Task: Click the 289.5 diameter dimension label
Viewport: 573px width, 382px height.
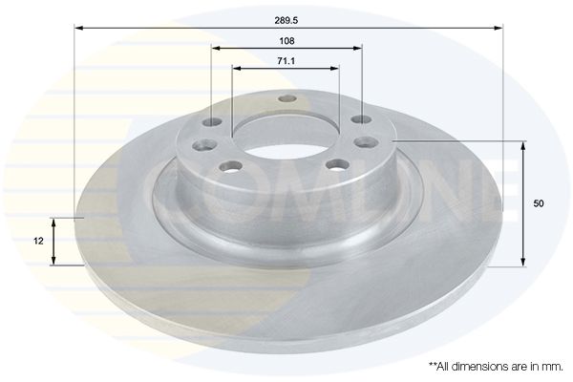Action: [286, 20]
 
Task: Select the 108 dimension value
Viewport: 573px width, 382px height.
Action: [286, 41]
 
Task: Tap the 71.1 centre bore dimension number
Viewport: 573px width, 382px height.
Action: [286, 61]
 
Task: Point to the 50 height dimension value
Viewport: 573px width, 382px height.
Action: [539, 203]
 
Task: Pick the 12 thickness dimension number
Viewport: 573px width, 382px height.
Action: [38, 242]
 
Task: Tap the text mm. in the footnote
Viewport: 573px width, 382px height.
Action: [554, 367]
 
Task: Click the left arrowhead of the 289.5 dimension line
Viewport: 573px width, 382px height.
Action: [79, 28]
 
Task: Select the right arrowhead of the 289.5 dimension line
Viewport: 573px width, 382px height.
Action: [499, 28]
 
